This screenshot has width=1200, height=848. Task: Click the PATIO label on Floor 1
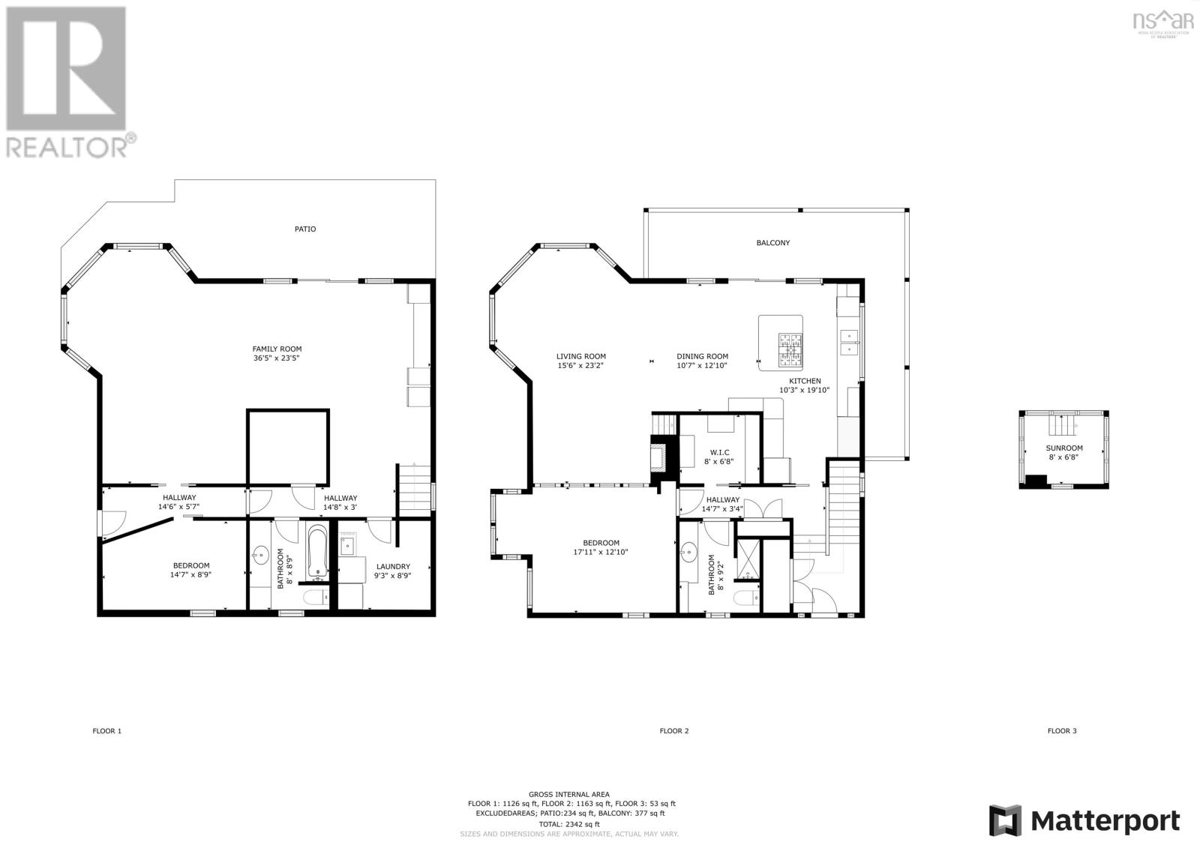click(x=304, y=229)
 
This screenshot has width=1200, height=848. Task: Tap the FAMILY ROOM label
click(x=277, y=349)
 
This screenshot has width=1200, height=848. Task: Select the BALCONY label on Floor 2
click(x=772, y=243)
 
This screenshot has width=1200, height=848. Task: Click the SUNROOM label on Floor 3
click(x=1064, y=448)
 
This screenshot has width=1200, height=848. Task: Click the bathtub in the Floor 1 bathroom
click(x=317, y=553)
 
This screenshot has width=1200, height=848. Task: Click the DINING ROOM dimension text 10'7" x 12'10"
click(x=702, y=366)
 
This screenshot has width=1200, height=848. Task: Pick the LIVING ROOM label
click(x=580, y=356)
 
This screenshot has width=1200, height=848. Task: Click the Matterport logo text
click(x=1105, y=821)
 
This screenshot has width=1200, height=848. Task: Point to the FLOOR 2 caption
click(x=673, y=730)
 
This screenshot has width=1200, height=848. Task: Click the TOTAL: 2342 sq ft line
click(x=568, y=823)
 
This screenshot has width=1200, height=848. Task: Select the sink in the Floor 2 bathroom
click(x=688, y=556)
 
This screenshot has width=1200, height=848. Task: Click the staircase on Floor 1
click(x=413, y=488)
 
